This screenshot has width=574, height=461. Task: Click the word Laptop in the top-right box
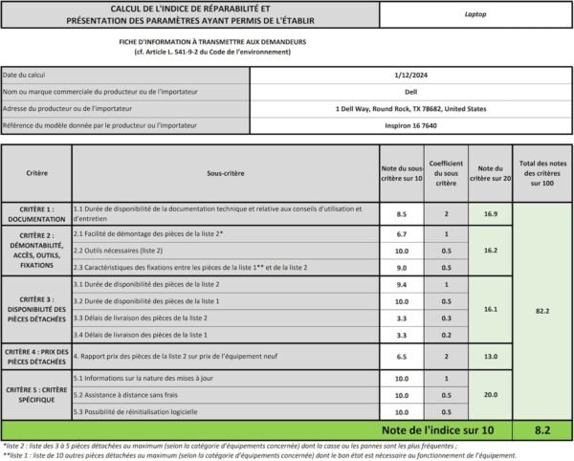tap(475, 15)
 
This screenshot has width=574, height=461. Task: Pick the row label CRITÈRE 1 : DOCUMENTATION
tap(36, 213)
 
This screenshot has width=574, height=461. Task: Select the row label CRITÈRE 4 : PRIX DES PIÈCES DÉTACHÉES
tap(36, 357)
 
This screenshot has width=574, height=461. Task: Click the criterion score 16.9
tap(491, 213)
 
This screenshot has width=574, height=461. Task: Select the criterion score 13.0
tap(491, 357)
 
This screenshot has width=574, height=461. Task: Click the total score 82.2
tap(542, 311)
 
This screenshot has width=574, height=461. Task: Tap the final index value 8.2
tap(542, 430)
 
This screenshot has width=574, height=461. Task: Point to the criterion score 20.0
tap(491, 394)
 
